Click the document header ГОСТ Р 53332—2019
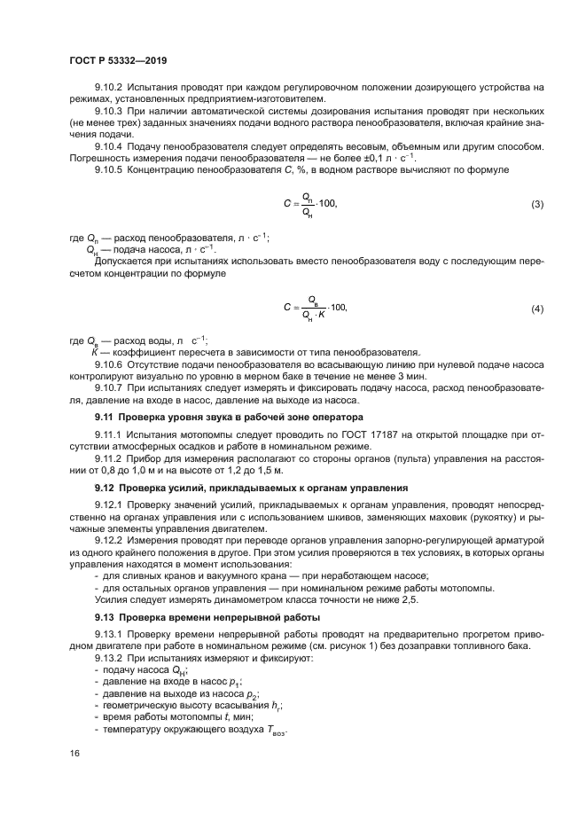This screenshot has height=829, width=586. tap(118, 59)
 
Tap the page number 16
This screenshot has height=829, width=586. tap(74, 753)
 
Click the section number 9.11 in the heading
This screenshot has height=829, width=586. tap(105, 417)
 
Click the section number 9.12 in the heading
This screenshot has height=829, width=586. tap(105, 488)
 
